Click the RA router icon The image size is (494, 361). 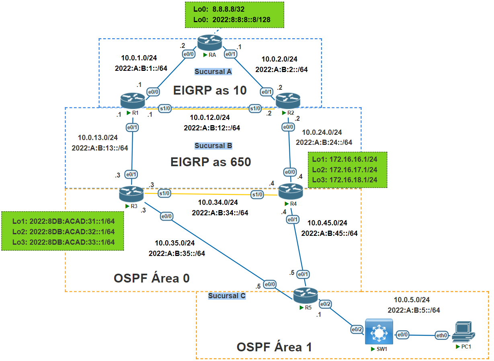pyautogui.click(x=210, y=43)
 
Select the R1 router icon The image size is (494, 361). pyautogui.click(x=132, y=100)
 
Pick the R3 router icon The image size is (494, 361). pyautogui.click(x=131, y=195)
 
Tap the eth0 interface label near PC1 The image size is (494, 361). pyautogui.click(x=443, y=335)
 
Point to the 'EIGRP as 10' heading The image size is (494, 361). pyautogui.click(x=210, y=91)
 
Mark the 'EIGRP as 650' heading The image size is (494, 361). pyautogui.click(x=211, y=162)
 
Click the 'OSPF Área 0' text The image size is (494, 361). pyautogui.click(x=152, y=278)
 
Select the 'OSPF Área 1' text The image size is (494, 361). pyautogui.click(x=275, y=347)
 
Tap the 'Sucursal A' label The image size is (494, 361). pyautogui.click(x=213, y=72)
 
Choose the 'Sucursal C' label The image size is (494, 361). pyautogui.click(x=227, y=296)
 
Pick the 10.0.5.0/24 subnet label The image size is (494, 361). pyautogui.click(x=412, y=300)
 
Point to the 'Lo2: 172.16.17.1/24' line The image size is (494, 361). pyautogui.click(x=345, y=169)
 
